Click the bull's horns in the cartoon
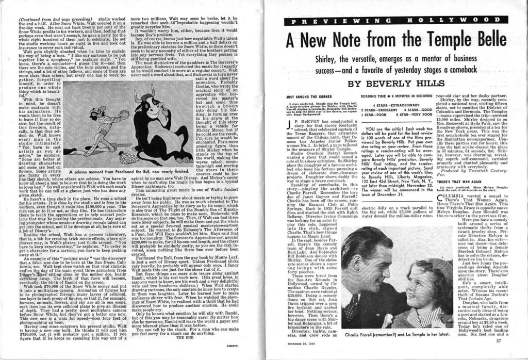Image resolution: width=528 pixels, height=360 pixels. [x=145, y=95]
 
